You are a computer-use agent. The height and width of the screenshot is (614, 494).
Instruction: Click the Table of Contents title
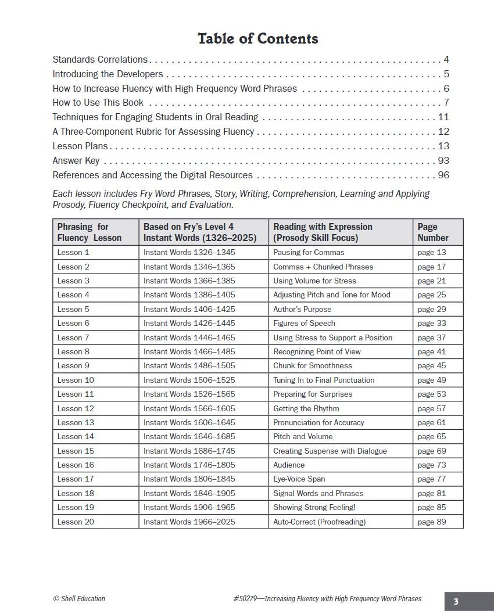(x=257, y=39)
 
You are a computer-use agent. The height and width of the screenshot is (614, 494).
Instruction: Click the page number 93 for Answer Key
(x=443, y=161)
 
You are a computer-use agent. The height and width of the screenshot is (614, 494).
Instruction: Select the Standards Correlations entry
(x=100, y=60)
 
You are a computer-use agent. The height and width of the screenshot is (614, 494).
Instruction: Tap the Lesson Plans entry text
(x=80, y=146)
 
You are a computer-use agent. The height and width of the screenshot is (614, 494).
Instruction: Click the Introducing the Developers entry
(x=108, y=74)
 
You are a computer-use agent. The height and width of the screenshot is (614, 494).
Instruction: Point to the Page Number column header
(x=433, y=232)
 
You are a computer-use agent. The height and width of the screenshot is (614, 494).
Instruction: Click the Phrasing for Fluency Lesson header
(x=90, y=232)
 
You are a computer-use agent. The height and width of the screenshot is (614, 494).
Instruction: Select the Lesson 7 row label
(x=73, y=337)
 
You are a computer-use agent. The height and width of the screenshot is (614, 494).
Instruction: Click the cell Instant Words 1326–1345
(x=189, y=253)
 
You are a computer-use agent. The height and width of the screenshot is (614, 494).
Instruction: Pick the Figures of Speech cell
(x=304, y=324)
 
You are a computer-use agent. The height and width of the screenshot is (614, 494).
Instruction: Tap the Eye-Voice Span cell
(x=299, y=479)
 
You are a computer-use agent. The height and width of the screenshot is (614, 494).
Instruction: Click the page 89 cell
(x=432, y=522)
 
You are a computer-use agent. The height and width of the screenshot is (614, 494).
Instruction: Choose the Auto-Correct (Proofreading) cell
(x=319, y=522)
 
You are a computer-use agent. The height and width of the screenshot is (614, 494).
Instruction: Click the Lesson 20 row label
(x=76, y=522)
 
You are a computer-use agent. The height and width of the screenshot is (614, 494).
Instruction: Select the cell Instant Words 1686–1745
(x=189, y=451)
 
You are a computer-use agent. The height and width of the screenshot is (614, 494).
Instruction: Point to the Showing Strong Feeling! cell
(x=314, y=508)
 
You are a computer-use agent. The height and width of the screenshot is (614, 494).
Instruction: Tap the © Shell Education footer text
(x=79, y=599)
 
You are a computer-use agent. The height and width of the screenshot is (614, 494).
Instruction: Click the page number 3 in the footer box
(x=456, y=602)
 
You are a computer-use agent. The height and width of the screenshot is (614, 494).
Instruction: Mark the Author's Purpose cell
(x=302, y=310)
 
